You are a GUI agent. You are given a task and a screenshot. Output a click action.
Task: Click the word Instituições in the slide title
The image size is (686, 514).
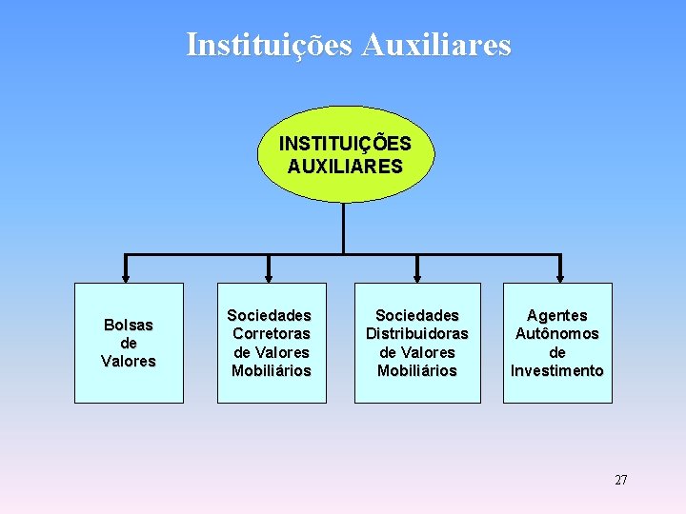pos(270,45)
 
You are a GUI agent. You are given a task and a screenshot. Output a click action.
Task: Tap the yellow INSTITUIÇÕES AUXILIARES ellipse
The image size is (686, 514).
pos(345,154)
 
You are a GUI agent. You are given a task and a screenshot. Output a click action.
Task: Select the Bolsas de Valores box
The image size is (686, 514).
pos(129,343)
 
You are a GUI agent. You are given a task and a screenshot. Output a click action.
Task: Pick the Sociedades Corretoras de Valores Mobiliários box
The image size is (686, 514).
pos(272,343)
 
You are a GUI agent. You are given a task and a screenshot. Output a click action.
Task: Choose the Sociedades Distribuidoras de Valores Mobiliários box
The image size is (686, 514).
pos(417,343)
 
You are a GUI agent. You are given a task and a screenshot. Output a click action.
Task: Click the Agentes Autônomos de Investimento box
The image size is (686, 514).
pos(557,343)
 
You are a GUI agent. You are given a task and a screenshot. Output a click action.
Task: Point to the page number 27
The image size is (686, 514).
pos(620,480)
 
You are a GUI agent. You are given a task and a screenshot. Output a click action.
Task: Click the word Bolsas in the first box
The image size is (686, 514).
pos(129,325)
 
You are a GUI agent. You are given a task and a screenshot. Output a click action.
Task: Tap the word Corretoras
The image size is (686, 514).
pos(272,333)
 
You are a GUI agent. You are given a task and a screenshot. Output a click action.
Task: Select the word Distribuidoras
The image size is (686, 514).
pos(417,333)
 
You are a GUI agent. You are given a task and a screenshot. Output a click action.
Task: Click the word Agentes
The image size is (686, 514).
pos(557,315)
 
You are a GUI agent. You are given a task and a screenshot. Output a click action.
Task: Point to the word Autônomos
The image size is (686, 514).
pos(557,333)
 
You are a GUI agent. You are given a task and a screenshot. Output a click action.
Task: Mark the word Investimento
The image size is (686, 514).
pos(557,370)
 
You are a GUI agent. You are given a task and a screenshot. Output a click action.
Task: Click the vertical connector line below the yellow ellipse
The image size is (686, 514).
pos(343,228)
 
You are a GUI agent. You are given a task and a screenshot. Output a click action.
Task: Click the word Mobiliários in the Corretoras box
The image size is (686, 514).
pos(272,370)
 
